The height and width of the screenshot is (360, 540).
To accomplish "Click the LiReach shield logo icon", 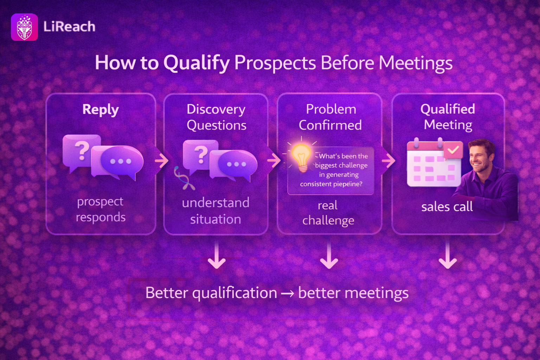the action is click(24, 27).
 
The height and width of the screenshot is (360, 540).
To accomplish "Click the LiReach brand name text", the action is click(69, 26).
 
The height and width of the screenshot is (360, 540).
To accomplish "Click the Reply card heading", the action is click(101, 110).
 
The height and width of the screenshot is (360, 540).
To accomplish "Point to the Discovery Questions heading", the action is click(216, 117).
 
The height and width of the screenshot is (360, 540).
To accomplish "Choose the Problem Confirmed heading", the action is click(330, 117).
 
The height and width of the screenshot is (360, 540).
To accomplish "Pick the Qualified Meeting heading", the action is click(448, 117).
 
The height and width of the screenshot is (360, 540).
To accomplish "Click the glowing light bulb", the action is click(301, 156).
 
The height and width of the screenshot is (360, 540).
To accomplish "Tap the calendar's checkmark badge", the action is click(453, 150).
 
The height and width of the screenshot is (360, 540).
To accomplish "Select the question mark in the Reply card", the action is click(82, 151).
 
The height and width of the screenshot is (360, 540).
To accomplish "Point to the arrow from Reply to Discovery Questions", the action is click(161, 160).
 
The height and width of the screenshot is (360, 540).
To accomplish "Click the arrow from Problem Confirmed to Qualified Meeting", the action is click(388, 161).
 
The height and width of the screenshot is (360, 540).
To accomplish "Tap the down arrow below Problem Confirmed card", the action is click(329, 256).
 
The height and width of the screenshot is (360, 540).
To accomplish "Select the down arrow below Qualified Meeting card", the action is click(448, 256).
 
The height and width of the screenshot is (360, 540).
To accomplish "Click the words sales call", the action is click(447, 207).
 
